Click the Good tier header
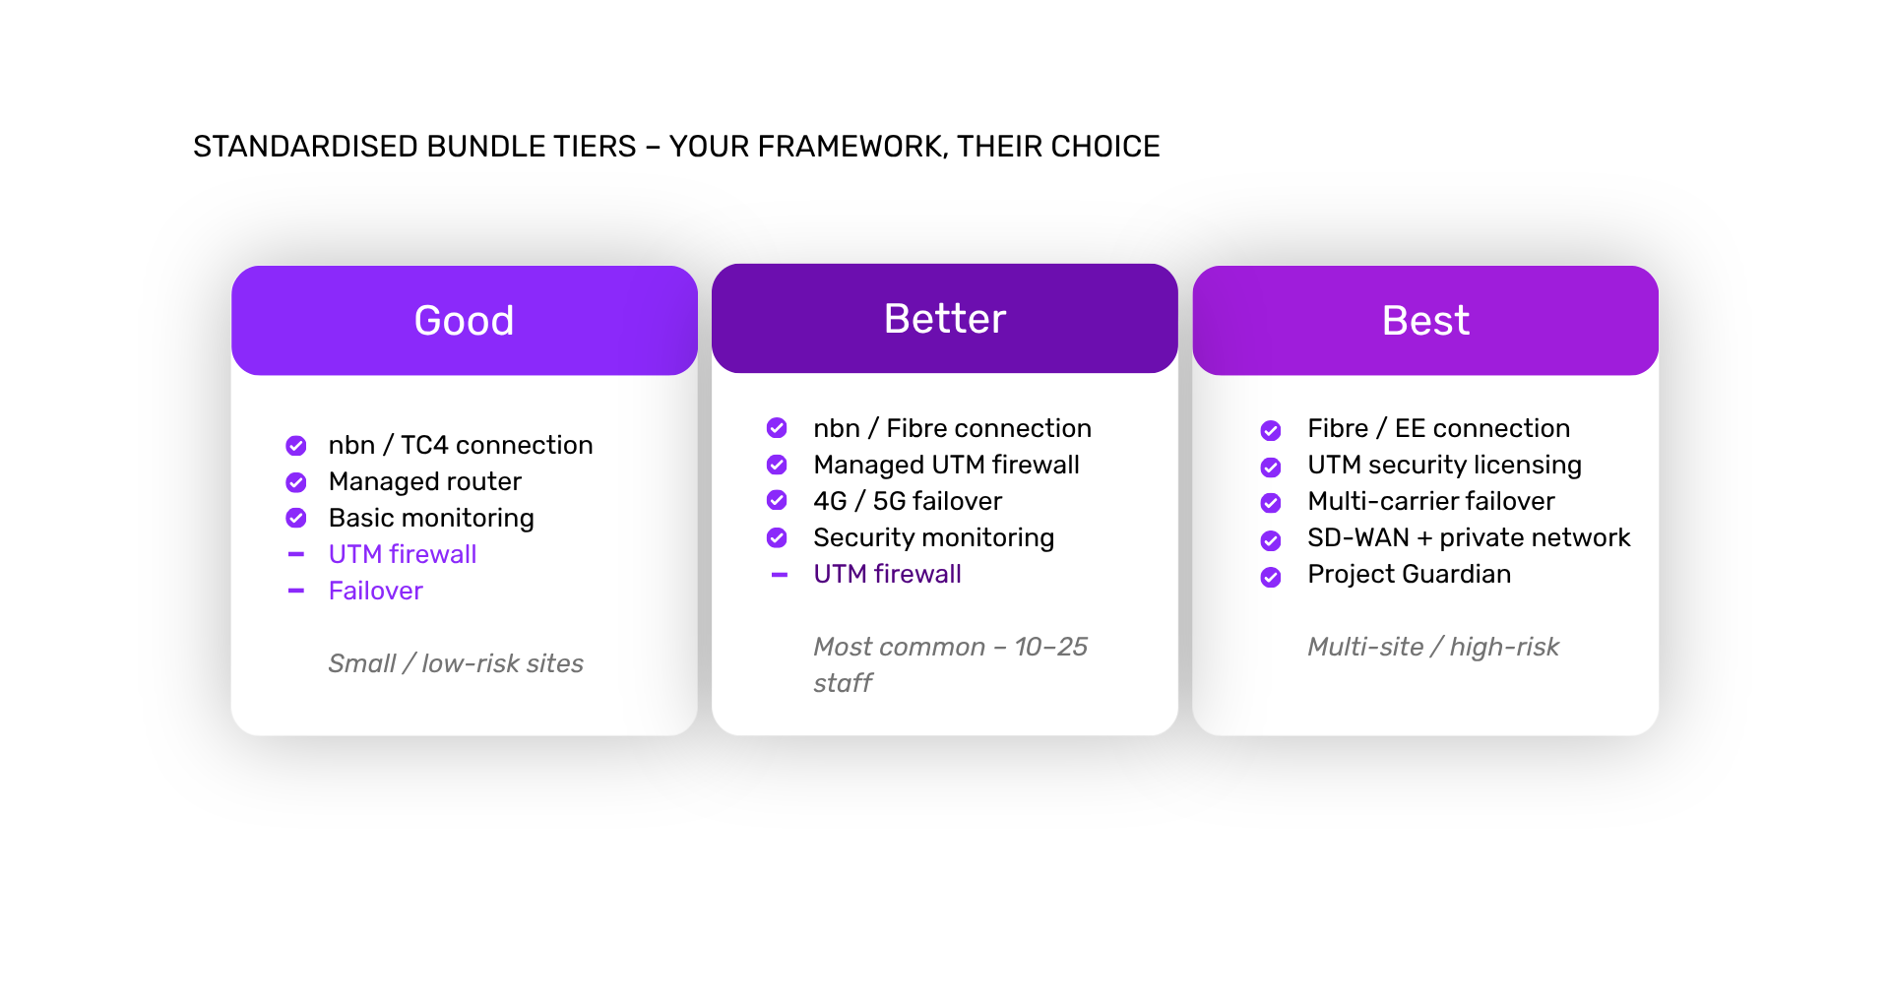(x=464, y=320)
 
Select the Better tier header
(x=945, y=318)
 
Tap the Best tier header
(x=1425, y=320)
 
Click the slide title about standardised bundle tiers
(x=676, y=147)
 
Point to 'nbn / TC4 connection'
(x=461, y=445)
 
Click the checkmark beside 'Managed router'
(x=296, y=482)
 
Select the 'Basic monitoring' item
(x=431, y=518)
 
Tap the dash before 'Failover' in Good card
(x=296, y=591)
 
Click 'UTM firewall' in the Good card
(x=403, y=554)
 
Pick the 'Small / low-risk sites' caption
(x=456, y=663)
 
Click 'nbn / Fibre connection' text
(x=952, y=428)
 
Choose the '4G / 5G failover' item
(x=908, y=501)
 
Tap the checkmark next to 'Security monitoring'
(x=777, y=537)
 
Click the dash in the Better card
(x=780, y=575)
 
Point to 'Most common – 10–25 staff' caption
(x=950, y=664)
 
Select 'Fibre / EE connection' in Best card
(x=1438, y=428)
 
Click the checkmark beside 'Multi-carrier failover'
(x=1271, y=503)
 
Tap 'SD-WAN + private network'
(x=1469, y=537)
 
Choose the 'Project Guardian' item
(x=1409, y=574)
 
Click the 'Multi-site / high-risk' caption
(x=1433, y=647)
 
